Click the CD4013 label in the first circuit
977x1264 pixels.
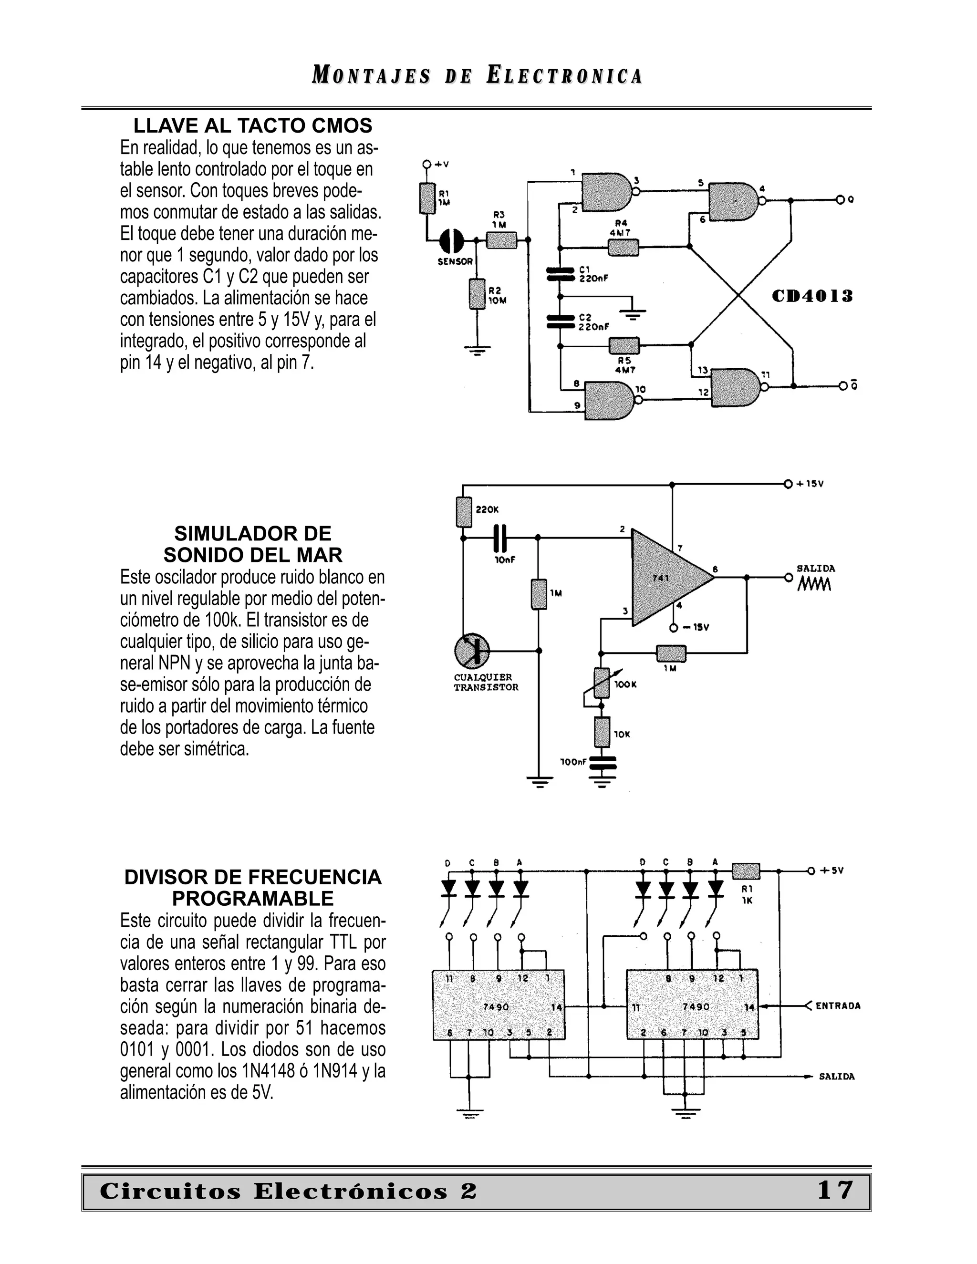tap(812, 297)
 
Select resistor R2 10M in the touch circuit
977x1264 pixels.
tap(477, 294)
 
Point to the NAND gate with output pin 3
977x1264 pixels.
tap(607, 192)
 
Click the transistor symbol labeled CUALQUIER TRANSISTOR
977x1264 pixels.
tap(472, 651)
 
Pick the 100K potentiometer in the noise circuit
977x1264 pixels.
tap(602, 683)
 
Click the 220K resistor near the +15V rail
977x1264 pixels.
tap(464, 512)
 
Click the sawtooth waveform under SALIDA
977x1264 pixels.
tap(814, 585)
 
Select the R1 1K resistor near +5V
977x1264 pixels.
tap(746, 871)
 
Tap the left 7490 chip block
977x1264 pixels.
tap(499, 1006)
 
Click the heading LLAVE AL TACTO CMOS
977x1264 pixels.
tap(252, 125)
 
